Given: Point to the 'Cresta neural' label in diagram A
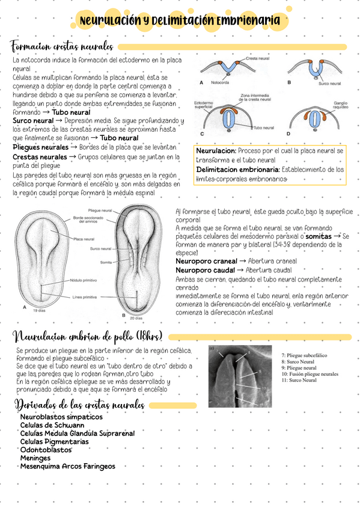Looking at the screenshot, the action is (258, 58).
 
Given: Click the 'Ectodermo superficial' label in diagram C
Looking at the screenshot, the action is (204, 106).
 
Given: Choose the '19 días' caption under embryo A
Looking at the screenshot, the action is (40, 310).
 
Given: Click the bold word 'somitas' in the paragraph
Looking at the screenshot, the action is (322, 237).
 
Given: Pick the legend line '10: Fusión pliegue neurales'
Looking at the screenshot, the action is (309, 374).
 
